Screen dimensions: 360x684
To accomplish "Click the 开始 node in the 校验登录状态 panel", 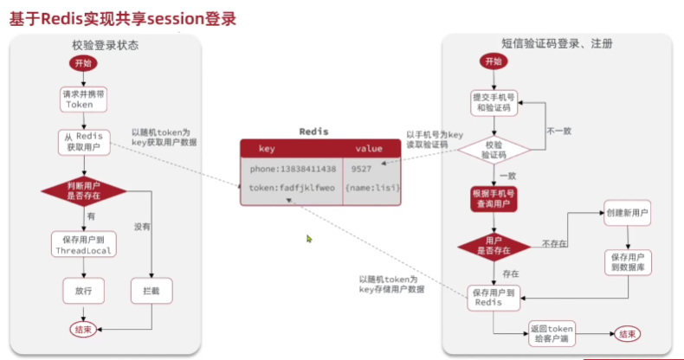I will coord(83,64).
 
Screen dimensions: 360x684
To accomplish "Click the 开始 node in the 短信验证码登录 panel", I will coord(493,61).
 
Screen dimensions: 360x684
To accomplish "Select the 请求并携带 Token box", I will coord(83,99).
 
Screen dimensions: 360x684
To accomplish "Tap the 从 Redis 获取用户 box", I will coord(83,141).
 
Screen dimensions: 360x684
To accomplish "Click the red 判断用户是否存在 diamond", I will coord(83,190).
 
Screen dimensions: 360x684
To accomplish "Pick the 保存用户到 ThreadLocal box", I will coord(83,245).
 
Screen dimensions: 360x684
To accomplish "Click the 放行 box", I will coord(83,291).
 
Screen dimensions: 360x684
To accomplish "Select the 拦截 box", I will coord(151,291).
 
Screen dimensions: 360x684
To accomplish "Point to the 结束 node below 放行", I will coord(83,329).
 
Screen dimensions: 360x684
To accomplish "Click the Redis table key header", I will coord(267,148).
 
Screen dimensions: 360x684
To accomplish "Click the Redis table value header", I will coord(368,148).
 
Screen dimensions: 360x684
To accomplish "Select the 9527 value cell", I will coord(362,170).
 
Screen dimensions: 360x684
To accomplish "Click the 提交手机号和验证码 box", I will coord(493,103).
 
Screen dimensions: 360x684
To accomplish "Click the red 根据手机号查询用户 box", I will coord(493,199).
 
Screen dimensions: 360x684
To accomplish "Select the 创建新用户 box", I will coord(628,213).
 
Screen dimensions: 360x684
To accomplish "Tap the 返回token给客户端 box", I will coord(552,333).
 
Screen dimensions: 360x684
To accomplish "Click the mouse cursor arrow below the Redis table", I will coord(309,239).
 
